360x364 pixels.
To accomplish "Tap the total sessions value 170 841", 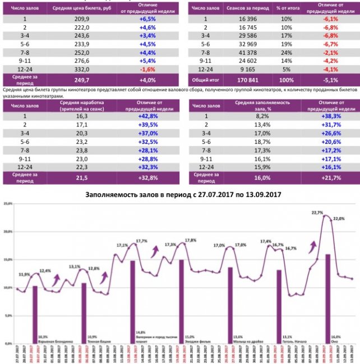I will [x=246, y=79].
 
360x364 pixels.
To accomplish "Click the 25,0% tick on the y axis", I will [x=8, y=205].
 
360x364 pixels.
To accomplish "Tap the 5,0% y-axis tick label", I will [x=8, y=315].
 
